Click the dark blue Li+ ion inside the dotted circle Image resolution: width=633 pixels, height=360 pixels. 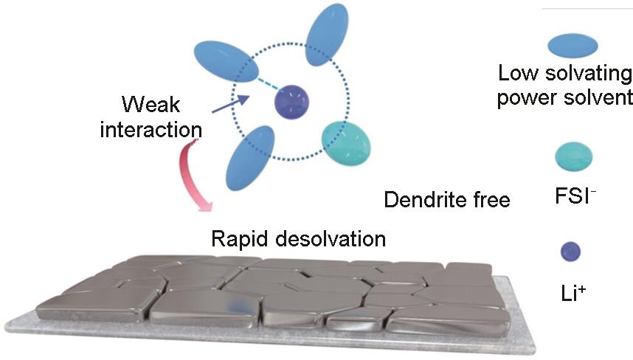click(291, 102)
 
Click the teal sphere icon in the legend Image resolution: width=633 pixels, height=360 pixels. click(574, 154)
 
